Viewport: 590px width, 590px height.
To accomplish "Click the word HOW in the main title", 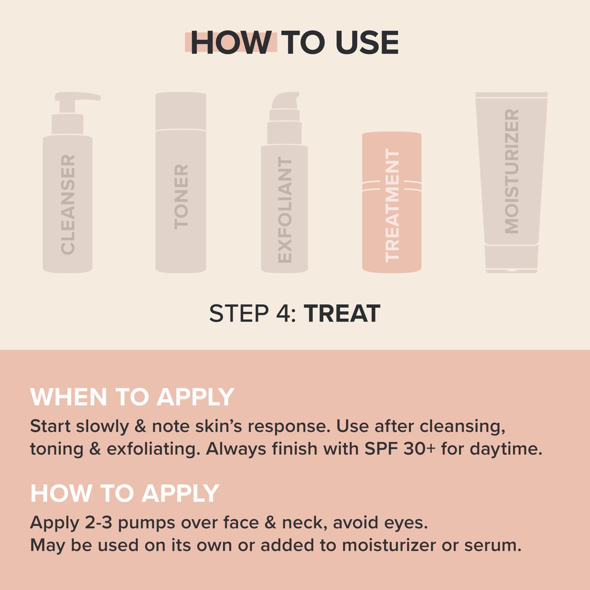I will (x=231, y=43).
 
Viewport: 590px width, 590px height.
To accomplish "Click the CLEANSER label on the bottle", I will (x=68, y=205).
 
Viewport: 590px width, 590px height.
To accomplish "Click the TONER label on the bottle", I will (x=181, y=197).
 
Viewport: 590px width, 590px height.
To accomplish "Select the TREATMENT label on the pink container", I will (x=392, y=205).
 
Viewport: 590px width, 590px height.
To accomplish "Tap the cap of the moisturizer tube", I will (x=512, y=258).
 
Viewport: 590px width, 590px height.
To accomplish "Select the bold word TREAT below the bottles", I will (x=344, y=314).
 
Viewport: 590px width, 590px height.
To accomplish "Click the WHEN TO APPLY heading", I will (x=132, y=397).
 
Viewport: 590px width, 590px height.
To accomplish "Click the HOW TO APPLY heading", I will (x=124, y=494).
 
